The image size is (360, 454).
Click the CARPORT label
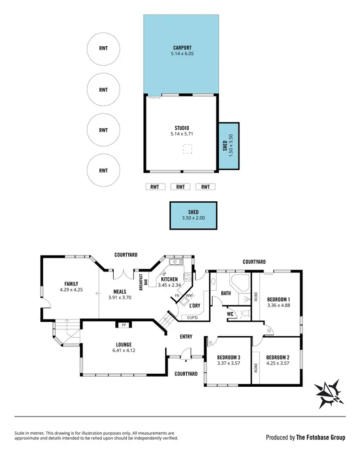(182, 48)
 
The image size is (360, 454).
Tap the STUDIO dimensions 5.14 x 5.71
(182, 135)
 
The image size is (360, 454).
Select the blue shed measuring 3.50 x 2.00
(193, 215)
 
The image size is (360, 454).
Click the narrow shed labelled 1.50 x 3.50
(228, 146)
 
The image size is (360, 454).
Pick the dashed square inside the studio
(187, 149)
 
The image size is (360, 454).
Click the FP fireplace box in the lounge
(123, 325)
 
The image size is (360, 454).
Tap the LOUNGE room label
(123, 344)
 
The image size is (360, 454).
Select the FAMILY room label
(72, 284)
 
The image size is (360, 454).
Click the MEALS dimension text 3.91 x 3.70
(120, 298)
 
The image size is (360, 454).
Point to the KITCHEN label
(169, 279)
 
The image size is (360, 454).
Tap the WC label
(230, 314)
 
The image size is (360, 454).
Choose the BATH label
(226, 293)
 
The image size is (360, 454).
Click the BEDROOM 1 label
(278, 299)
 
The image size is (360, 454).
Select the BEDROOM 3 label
(228, 357)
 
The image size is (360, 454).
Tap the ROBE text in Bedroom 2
(256, 368)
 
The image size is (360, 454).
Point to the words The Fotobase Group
(321, 437)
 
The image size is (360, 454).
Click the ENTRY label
(186, 337)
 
